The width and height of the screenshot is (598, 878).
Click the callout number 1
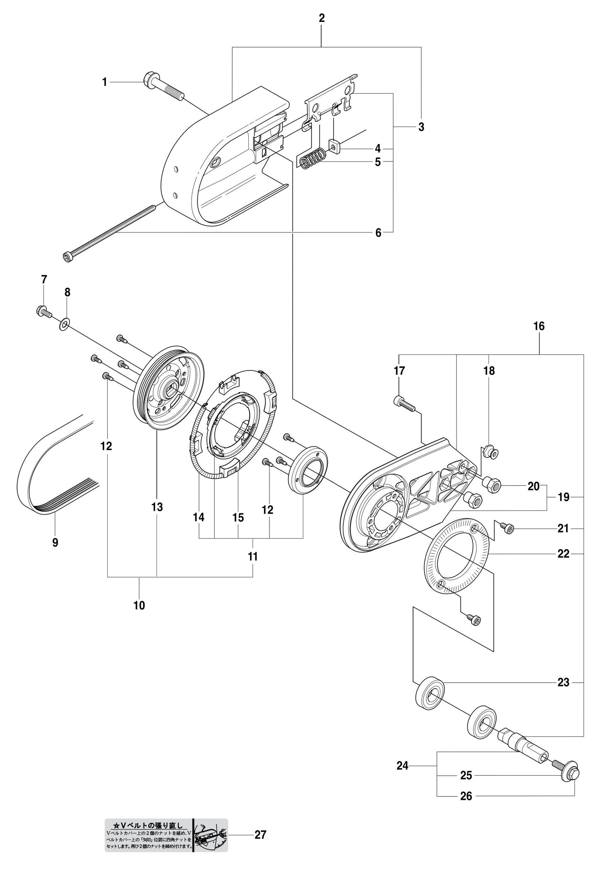point(105,83)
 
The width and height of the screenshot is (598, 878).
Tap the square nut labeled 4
point(334,146)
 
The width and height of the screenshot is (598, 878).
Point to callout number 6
point(378,233)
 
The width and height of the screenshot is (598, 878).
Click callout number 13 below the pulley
point(157,507)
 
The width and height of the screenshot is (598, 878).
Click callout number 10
point(139,605)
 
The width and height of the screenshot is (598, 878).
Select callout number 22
point(563,553)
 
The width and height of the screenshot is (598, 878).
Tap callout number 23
point(563,682)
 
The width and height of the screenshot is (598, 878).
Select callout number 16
point(539,326)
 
